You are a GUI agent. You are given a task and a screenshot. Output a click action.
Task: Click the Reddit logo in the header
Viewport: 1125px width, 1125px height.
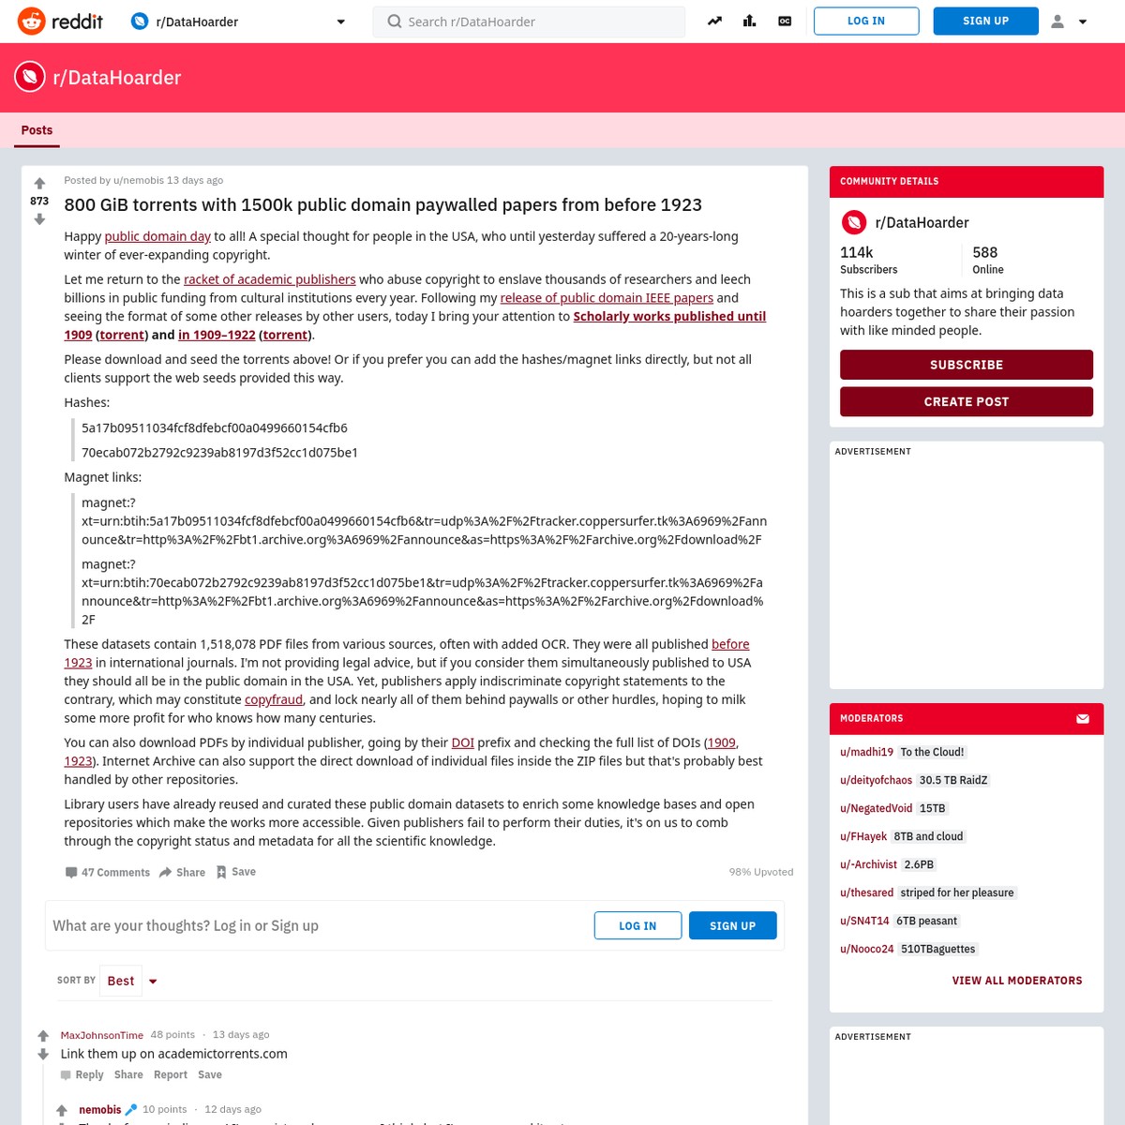[x=60, y=21]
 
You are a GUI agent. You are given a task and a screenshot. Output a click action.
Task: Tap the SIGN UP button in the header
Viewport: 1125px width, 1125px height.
[x=985, y=21]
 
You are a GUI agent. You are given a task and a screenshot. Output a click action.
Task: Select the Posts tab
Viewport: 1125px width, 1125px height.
[x=37, y=130]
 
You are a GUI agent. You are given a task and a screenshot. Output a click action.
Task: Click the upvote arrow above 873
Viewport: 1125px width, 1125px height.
[x=39, y=184]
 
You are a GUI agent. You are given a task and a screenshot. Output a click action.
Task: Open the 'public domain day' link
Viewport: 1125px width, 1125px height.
[x=157, y=236]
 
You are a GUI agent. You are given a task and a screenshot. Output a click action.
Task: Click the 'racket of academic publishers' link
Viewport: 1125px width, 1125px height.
[x=270, y=279]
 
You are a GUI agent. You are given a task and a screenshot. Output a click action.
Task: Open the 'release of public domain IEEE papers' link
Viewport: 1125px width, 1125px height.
[x=607, y=298]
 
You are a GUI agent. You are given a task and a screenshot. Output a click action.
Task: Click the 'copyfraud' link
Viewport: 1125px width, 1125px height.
[x=274, y=699]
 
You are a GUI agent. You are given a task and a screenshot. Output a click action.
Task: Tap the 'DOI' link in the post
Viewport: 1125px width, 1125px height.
[x=462, y=742]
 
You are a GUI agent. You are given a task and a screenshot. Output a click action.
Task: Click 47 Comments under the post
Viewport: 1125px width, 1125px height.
[x=108, y=872]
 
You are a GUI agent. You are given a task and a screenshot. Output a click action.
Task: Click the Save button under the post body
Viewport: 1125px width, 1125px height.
[x=236, y=872]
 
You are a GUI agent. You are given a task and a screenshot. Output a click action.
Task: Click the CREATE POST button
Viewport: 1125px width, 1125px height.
[x=967, y=401]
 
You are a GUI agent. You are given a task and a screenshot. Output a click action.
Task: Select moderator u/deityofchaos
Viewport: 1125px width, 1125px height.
[x=876, y=780]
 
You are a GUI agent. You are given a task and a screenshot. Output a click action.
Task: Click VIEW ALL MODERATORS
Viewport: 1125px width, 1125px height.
[x=1017, y=981]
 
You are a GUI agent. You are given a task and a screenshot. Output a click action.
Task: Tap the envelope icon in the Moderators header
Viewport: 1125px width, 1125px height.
[x=1083, y=719]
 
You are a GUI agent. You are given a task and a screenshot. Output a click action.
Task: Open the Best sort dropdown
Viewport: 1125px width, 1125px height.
[x=130, y=981]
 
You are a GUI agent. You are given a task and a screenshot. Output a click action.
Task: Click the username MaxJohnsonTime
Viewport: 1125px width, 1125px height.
[x=102, y=1035]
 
